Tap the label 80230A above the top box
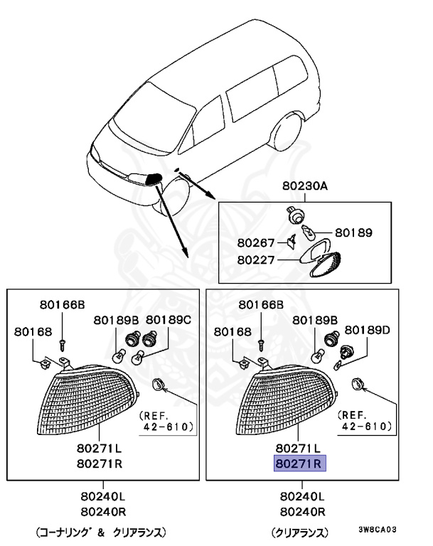[x=305, y=187]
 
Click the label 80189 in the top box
[x=353, y=232]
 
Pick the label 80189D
[x=368, y=329]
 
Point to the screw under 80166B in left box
[x=63, y=344]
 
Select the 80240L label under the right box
[x=302, y=497]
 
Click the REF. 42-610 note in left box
[x=166, y=420]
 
